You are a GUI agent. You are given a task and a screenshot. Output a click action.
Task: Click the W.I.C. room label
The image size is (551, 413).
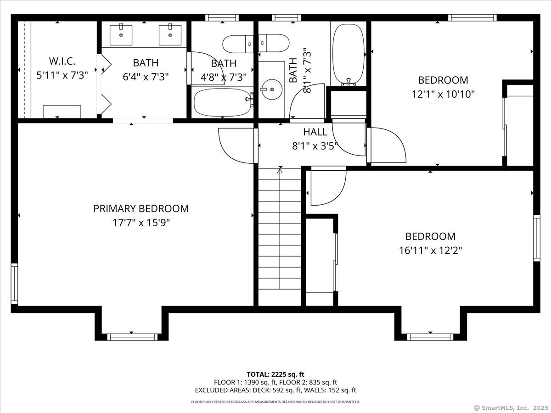(62, 61)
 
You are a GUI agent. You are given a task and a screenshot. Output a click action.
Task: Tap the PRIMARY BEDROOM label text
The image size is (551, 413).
(141, 209)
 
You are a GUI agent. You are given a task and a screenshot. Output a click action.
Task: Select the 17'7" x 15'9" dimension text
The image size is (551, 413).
(141, 223)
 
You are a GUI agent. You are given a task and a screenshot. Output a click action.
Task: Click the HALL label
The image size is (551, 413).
(315, 132)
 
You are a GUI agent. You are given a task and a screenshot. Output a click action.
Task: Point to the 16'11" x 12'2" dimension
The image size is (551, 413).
(431, 251)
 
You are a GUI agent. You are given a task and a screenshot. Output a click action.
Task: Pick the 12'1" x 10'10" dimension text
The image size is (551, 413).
(443, 94)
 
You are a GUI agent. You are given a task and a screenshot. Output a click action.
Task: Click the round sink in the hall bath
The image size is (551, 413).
(272, 89)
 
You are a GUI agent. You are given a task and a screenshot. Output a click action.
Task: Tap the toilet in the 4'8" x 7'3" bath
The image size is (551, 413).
(256, 44)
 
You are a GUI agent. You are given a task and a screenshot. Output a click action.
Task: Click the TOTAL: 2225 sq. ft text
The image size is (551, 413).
(275, 374)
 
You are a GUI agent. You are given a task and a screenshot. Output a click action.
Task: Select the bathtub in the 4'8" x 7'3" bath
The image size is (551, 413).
(222, 102)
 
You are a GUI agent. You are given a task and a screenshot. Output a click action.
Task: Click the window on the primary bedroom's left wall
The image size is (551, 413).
(14, 284)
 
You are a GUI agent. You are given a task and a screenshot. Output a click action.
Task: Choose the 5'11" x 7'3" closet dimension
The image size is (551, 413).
(62, 75)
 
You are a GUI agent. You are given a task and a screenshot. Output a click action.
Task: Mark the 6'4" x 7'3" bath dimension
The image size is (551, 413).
(146, 77)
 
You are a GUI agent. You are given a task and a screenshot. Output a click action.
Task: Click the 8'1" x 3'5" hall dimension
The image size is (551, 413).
(315, 146)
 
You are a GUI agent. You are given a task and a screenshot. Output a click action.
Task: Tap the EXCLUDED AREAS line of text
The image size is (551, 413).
(275, 390)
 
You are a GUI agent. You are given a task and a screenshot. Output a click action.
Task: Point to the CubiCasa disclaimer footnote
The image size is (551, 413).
(275, 402)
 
